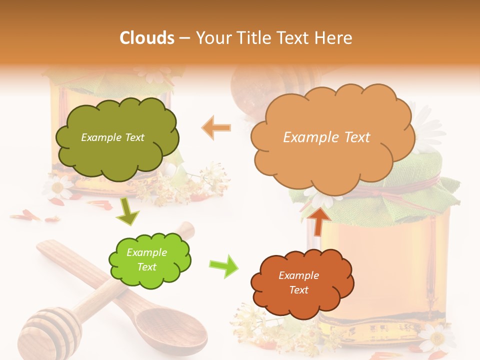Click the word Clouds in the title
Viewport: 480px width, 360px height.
[x=147, y=38]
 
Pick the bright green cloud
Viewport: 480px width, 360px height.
[x=149, y=260]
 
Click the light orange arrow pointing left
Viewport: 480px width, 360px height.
[x=216, y=127]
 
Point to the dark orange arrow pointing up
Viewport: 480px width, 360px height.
[x=318, y=220]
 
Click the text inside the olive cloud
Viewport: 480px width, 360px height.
[x=112, y=137]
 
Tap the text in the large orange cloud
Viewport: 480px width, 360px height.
[x=326, y=137]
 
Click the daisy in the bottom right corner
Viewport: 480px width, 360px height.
[x=437, y=338]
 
